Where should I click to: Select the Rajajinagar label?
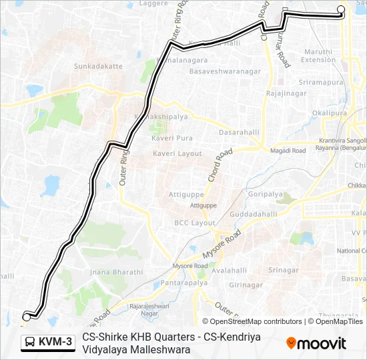pyautogui.click(x=285, y=93)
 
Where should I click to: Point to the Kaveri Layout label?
pyautogui.click(x=177, y=153)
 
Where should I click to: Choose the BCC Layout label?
pyautogui.click(x=195, y=223)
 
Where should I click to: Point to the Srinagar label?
pyautogui.click(x=283, y=270)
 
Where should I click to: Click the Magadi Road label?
pyautogui.click(x=289, y=151)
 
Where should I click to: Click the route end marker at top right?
pyautogui.click(x=341, y=9)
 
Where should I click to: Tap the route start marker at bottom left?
pyautogui.click(x=26, y=317)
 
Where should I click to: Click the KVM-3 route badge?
pyautogui.click(x=47, y=342)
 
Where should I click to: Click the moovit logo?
pyautogui.click(x=316, y=343)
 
